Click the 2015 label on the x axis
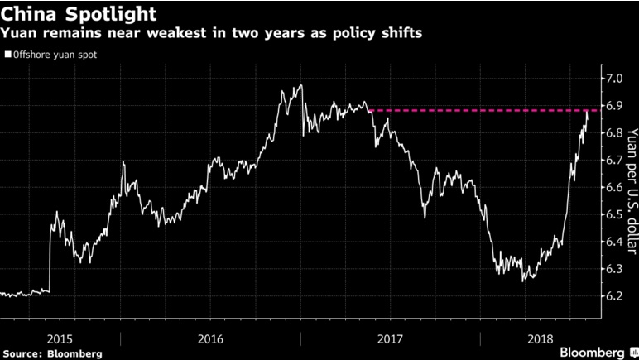[60, 339]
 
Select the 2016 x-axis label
[210, 339]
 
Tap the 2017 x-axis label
[389, 339]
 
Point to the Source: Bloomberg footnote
[52, 353]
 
